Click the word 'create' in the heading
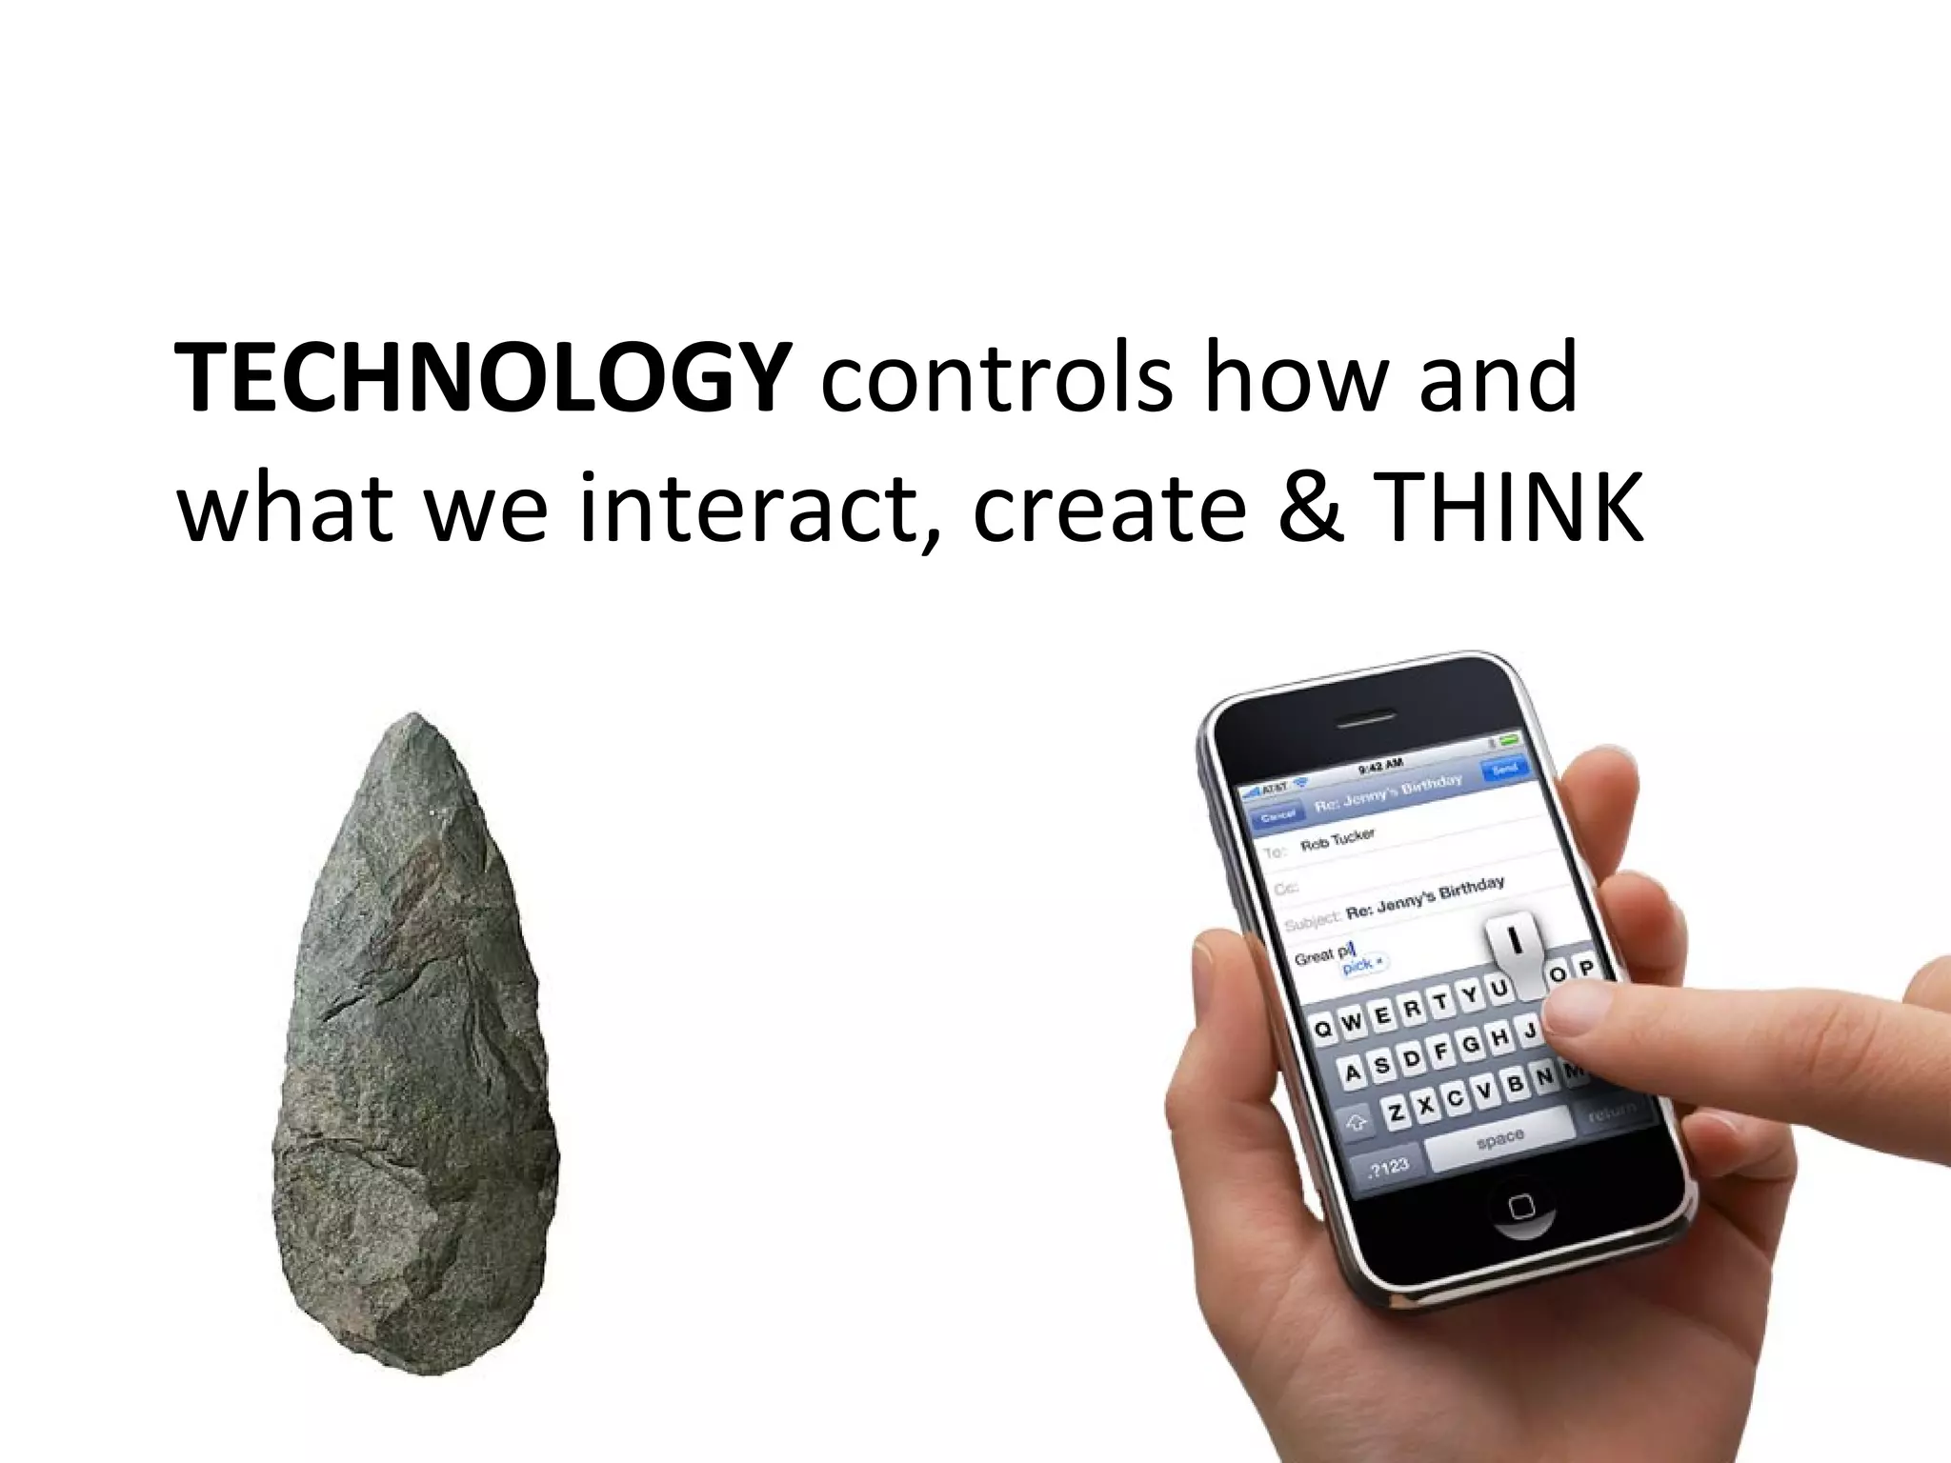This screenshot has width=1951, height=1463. [x=1109, y=509]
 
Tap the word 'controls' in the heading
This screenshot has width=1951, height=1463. [x=996, y=378]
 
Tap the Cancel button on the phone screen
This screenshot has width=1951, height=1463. [x=1277, y=815]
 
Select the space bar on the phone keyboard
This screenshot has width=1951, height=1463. [x=1501, y=1137]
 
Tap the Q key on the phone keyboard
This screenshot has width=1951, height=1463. [x=1323, y=1029]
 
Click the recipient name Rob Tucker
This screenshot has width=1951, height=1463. [x=1338, y=840]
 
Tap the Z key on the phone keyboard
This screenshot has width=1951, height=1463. [x=1396, y=1111]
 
